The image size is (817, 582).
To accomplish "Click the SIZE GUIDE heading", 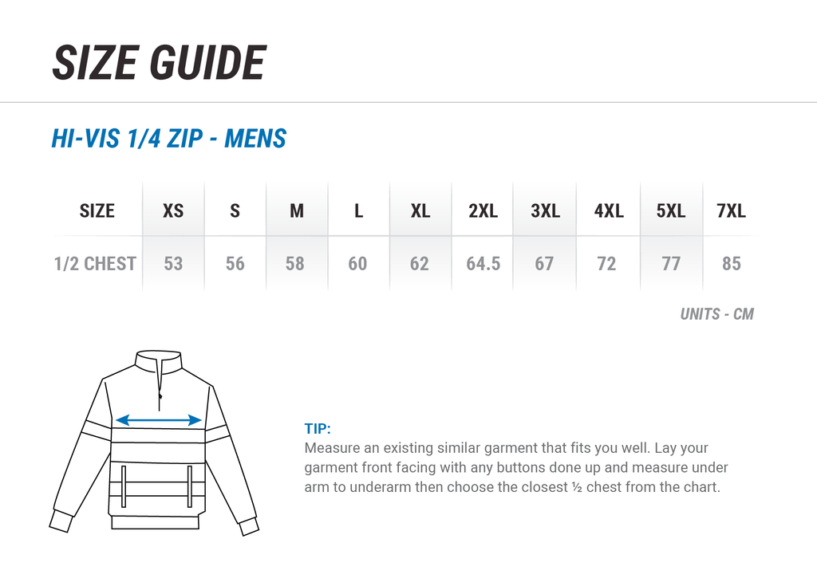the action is pos(160,62).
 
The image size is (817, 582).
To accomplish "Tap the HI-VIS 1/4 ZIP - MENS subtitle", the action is pos(169,139).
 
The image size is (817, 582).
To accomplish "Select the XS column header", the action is pos(173,210).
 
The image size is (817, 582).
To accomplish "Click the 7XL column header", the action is pos(731,210).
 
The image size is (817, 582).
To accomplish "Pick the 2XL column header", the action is pos(483,210).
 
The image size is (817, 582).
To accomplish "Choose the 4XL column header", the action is pos(609,210).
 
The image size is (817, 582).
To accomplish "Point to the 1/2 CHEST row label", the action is pos(95,264).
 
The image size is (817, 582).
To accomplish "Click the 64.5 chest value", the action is pos(483,264).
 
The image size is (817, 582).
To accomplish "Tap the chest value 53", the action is pos(173,264).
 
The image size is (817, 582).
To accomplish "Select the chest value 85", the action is pos(731,264).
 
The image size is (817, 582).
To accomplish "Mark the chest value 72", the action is pos(606,264).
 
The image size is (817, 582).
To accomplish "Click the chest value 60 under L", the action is pos(357,264).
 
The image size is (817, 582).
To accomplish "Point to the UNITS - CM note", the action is pos(717,314).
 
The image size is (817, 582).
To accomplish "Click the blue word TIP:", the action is pos(318,428).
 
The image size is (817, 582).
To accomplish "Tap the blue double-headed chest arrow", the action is pos(159,420).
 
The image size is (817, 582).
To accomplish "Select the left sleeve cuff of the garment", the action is pos(61,521).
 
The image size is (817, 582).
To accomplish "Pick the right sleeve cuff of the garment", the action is pos(249,526).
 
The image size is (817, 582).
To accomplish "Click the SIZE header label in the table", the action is pos(97,210).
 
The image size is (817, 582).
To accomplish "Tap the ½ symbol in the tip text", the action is pos(576,487).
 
